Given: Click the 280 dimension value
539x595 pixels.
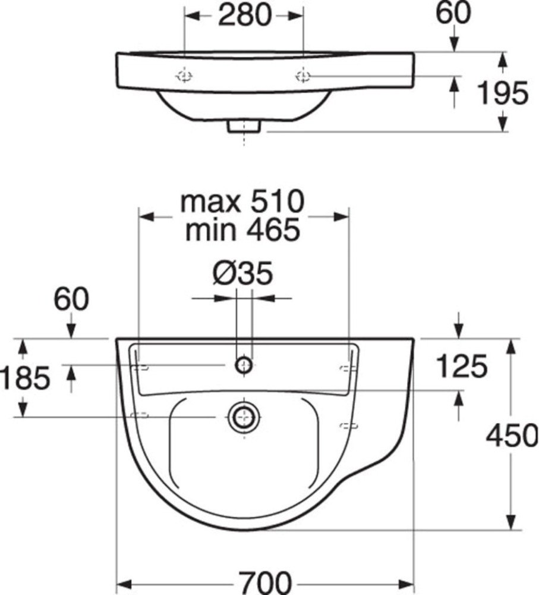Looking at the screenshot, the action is pos(245,15).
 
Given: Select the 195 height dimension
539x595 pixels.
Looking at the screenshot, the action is pos(503,93).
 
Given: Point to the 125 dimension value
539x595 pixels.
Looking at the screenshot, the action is pos(462,366).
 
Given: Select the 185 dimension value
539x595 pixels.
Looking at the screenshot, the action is pos(25,378).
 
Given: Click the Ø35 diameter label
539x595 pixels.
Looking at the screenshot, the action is pos(242,273).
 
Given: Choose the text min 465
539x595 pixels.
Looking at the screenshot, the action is pos(242,230).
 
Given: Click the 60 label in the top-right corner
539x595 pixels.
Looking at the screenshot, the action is pos(453,13).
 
